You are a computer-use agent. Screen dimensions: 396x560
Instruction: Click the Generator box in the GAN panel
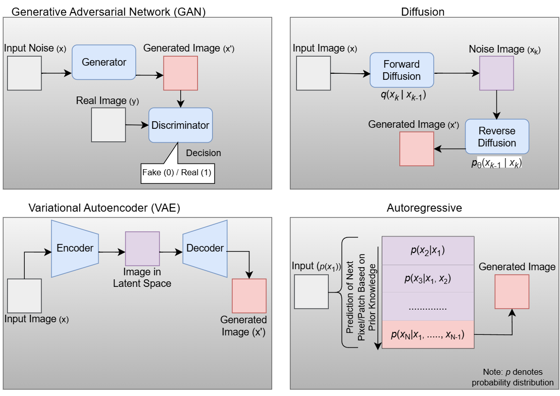click(x=104, y=62)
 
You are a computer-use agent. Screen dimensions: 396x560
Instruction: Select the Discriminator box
click(x=180, y=125)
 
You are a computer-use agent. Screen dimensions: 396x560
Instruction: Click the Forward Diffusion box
click(x=401, y=70)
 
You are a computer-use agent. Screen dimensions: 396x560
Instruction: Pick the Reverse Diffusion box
click(x=497, y=136)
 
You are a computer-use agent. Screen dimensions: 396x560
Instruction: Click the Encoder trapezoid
click(x=75, y=248)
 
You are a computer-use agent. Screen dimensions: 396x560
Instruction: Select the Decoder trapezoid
click(x=205, y=248)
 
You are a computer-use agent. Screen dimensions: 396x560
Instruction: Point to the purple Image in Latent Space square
click(x=142, y=249)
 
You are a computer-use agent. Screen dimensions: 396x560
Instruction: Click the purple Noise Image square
click(x=496, y=73)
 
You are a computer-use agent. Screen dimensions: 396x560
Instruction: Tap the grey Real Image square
click(x=108, y=125)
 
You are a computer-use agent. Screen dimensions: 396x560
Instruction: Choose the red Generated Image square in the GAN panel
click(x=180, y=73)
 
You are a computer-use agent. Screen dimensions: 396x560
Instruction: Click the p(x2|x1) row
click(x=428, y=251)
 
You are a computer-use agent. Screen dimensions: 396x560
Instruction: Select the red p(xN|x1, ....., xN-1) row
click(x=428, y=334)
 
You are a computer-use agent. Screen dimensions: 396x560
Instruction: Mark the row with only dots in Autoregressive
click(x=428, y=306)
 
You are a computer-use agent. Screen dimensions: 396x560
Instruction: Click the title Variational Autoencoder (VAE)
click(x=105, y=208)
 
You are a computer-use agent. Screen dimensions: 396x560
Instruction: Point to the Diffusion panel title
click(x=423, y=11)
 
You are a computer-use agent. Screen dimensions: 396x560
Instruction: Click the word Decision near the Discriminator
click(x=203, y=153)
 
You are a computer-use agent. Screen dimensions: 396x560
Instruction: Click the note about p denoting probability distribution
click(x=513, y=377)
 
